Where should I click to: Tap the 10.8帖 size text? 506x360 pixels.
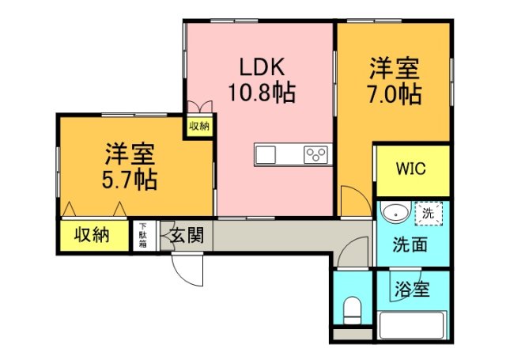pos(262,93)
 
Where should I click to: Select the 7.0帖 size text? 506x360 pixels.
pos(393,94)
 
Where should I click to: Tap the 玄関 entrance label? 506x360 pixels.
pos(187,235)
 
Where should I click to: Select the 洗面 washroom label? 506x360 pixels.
pos(410,244)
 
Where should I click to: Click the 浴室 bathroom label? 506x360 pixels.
pos(411,290)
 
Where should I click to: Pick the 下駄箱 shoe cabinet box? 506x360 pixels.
pos(142,235)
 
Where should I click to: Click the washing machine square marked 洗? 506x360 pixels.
pos(428,214)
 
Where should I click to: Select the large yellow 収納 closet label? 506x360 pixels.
pos(93,235)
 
